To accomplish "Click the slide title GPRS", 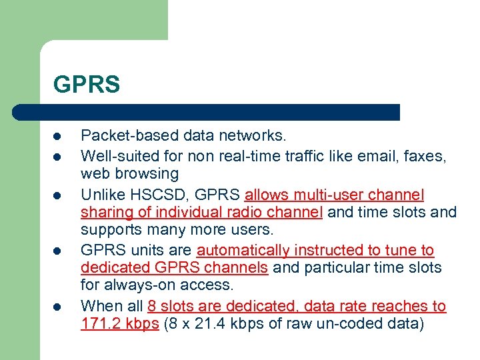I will [x=87, y=85].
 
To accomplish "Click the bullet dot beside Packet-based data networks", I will [x=58, y=137].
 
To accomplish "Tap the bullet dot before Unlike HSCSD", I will [x=58, y=195].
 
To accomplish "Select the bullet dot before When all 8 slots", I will [x=58, y=307].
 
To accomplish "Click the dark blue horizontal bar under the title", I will [x=207, y=112].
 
